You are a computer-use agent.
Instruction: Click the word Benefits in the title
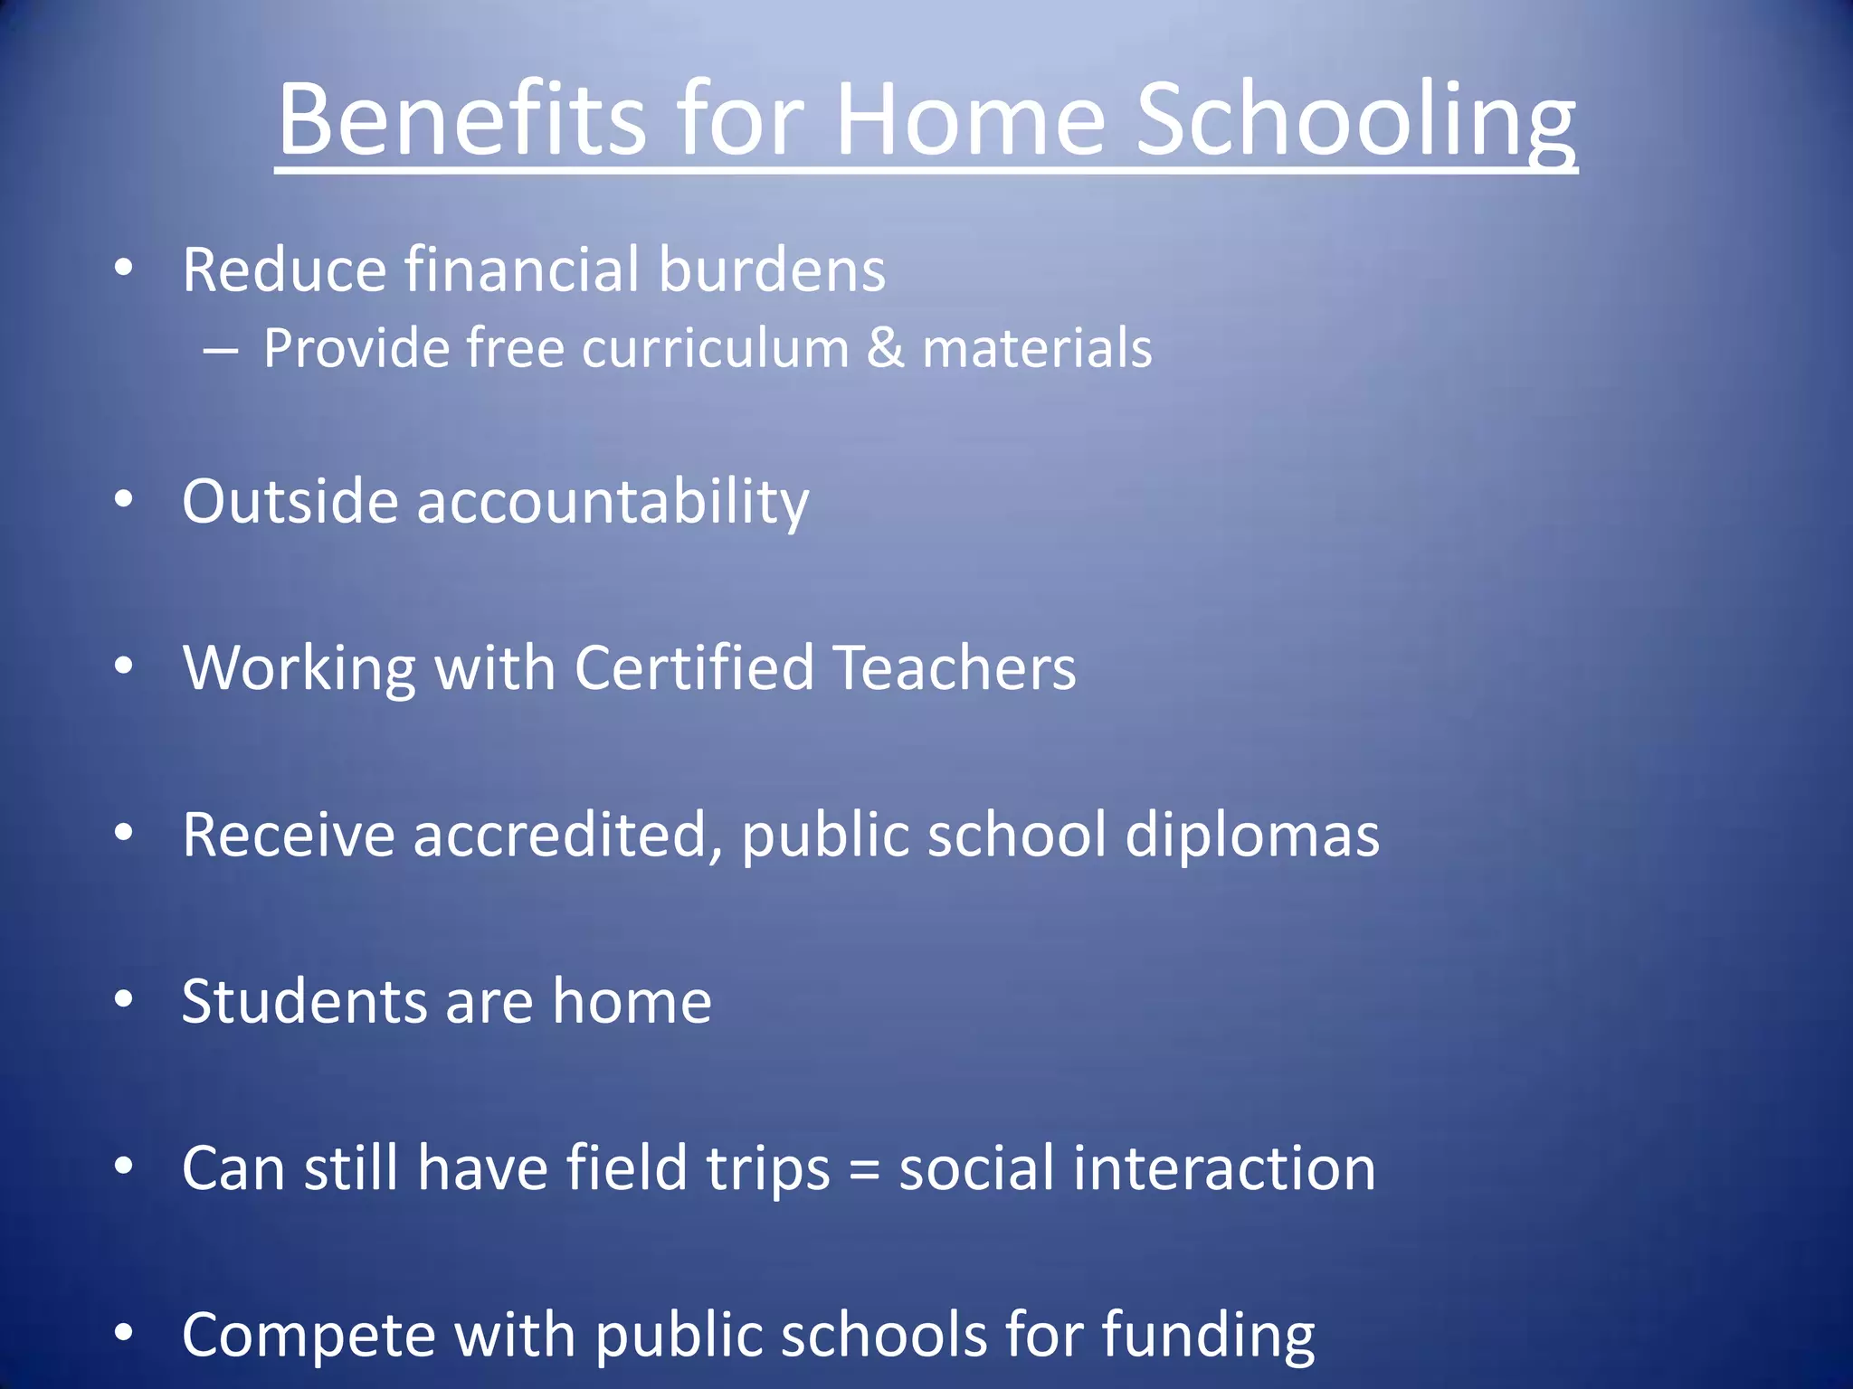coord(461,120)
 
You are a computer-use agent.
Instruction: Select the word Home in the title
coord(970,120)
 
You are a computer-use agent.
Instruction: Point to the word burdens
coord(772,269)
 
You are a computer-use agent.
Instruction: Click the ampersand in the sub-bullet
coord(885,348)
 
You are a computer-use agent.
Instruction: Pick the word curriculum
coord(715,348)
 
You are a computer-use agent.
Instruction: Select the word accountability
coord(613,502)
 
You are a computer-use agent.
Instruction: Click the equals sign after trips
coord(864,1169)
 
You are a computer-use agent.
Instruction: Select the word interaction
coord(1223,1167)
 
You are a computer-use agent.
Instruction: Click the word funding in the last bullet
coord(1208,1336)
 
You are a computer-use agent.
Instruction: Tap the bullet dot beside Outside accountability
coord(124,500)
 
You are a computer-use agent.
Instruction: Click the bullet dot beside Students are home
coord(124,999)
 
